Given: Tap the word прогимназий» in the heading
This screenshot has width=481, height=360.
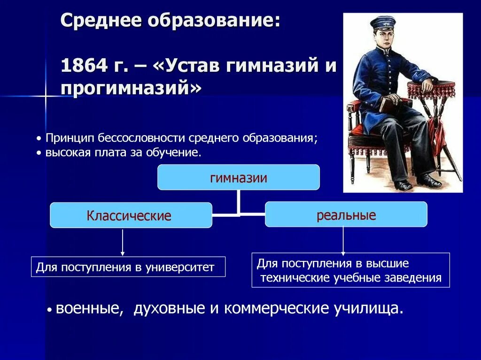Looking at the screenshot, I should point(132,88).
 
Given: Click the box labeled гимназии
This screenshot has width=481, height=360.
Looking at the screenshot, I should point(238,177).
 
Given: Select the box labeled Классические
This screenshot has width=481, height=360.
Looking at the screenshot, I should point(131,215).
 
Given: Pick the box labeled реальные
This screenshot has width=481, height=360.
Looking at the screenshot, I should point(346,214).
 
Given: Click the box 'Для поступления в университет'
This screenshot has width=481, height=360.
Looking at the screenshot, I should point(128,267).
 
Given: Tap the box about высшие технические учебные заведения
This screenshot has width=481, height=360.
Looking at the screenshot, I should point(350,270).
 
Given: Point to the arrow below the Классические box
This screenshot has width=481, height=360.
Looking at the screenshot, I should point(123,242).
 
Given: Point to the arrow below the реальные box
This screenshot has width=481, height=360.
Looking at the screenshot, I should point(343,240).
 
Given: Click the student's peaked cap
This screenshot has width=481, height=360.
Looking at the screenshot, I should point(383,22).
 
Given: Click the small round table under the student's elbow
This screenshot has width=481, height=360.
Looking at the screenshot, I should point(431,88).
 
